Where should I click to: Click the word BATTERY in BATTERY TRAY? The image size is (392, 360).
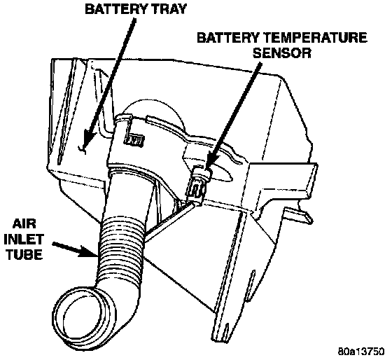[115, 9]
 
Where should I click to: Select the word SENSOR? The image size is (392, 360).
[282, 53]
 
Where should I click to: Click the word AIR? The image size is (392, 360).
[24, 224]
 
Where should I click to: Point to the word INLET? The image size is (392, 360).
[24, 239]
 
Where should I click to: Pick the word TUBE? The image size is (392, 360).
[24, 254]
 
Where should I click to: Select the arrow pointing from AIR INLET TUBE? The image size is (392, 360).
[74, 249]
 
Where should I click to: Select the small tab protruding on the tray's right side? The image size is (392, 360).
[299, 214]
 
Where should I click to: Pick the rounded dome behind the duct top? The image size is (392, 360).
[155, 110]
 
